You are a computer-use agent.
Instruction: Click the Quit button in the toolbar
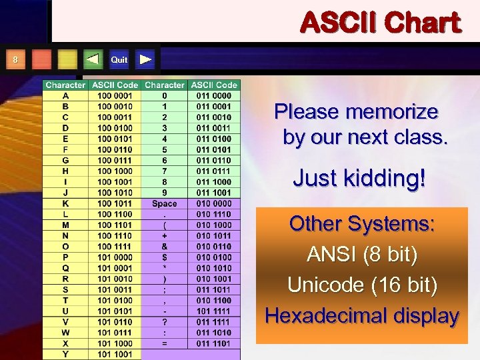tap(119, 60)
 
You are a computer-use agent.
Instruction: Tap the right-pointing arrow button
tap(146, 60)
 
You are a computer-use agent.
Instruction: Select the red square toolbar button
tap(41, 60)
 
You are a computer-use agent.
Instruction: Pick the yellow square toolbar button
tap(67, 60)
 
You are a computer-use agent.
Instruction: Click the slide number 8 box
tap(15, 60)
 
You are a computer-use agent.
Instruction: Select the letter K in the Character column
tap(65, 203)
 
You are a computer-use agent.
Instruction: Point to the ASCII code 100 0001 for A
tap(115, 95)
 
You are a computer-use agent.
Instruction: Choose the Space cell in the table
tap(164, 203)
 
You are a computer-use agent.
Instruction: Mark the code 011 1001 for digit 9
tap(213, 193)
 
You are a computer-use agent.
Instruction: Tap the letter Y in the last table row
tap(65, 354)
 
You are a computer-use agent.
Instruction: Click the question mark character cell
tap(164, 322)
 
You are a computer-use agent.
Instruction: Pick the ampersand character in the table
tap(164, 246)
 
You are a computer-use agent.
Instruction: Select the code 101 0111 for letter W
tap(115, 333)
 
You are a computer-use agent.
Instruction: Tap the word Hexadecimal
tap(322, 315)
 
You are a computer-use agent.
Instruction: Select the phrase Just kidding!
tap(359, 179)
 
